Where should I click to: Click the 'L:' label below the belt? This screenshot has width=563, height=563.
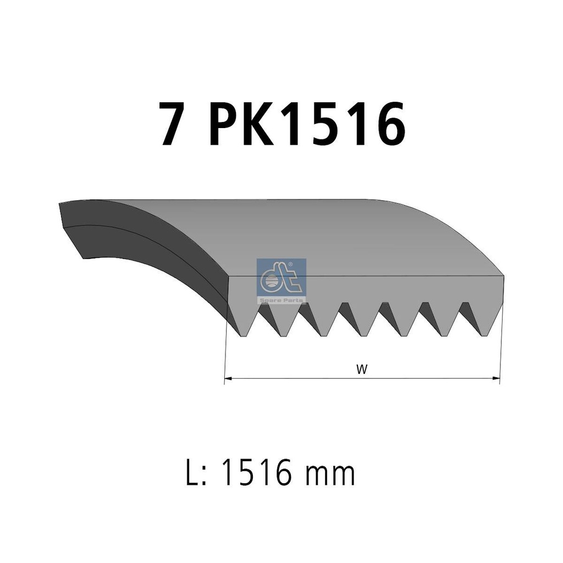coord(196,473)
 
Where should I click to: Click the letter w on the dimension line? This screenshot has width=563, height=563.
coord(362,369)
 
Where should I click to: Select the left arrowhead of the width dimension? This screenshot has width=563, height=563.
coord(228,378)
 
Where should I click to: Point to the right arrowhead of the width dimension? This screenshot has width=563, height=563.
coord(496,378)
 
